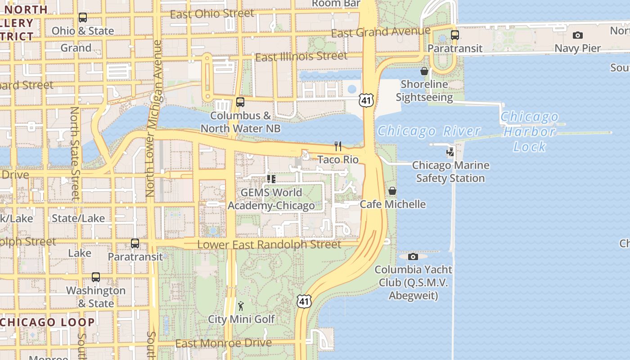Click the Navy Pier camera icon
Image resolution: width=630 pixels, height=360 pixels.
[x=577, y=35]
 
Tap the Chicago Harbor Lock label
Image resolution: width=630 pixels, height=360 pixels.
[x=529, y=131]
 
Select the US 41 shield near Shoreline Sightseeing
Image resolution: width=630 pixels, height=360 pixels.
[x=366, y=100]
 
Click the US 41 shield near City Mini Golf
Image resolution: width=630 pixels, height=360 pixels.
[x=304, y=301]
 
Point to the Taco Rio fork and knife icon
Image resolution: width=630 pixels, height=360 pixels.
[x=338, y=146]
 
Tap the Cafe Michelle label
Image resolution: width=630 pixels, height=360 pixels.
[x=392, y=204]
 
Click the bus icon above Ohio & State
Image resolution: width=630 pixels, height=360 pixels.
[x=83, y=18]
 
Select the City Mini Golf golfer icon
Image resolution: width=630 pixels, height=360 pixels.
[x=241, y=306]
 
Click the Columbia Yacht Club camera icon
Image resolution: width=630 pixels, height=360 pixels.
[x=413, y=256]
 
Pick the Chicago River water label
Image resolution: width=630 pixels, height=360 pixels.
[x=429, y=131]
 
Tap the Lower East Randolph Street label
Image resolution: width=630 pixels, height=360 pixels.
[x=269, y=245]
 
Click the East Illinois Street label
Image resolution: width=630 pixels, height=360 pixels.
[x=301, y=57]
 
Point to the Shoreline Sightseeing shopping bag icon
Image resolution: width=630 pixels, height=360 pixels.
[x=424, y=71]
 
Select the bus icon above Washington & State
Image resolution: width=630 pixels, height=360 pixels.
[x=95, y=277]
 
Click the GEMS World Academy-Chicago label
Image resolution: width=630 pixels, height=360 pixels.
[x=271, y=199]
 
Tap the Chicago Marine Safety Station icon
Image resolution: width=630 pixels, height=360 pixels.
[x=450, y=152]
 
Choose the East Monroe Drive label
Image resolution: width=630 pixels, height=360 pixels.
[x=223, y=343]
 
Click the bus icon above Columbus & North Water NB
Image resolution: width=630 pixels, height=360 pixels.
[x=240, y=102]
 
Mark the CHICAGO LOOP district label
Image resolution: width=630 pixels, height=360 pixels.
[x=47, y=322]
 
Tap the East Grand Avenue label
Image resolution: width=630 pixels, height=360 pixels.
[x=381, y=32]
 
